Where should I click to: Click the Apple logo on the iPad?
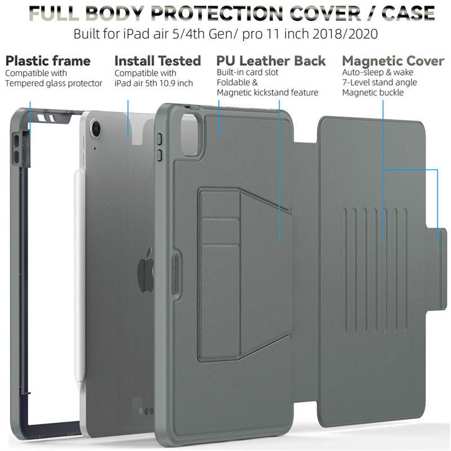click(145, 269)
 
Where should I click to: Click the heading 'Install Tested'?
click(157, 61)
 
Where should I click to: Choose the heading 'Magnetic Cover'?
click(393, 61)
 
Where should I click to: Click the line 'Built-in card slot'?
click(249, 73)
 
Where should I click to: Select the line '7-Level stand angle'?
click(379, 82)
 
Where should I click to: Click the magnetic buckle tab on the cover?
click(440, 244)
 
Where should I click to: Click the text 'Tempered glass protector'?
click(54, 83)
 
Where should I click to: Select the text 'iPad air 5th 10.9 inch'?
click(154, 83)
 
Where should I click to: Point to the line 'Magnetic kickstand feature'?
click(267, 92)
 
